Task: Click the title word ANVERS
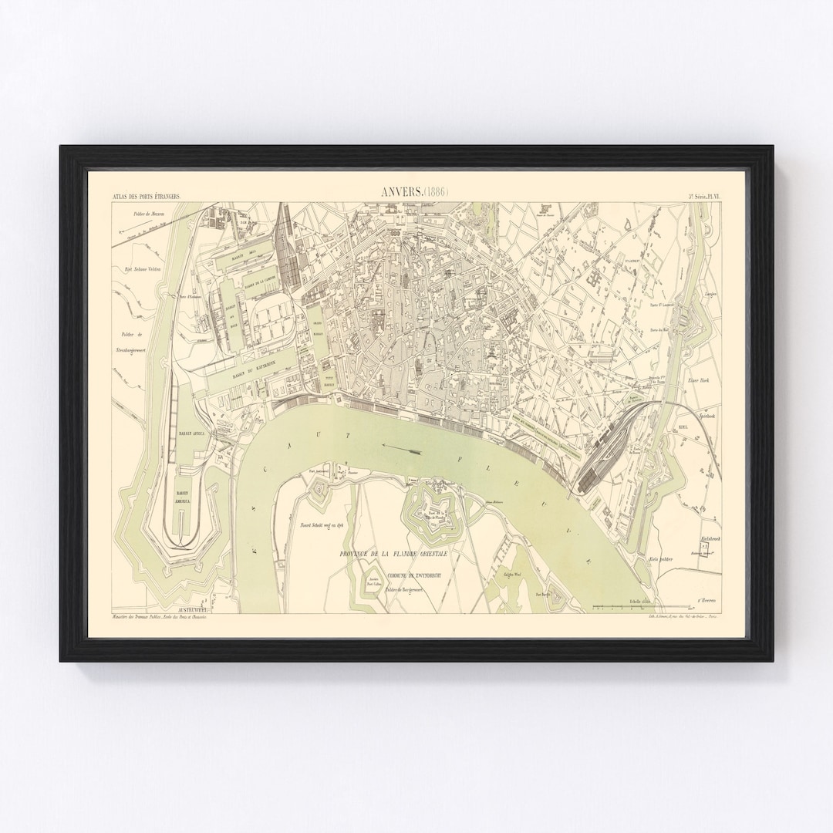click(401, 193)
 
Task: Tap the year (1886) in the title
click(436, 193)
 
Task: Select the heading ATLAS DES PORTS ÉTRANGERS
click(146, 197)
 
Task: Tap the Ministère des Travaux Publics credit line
click(154, 618)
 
